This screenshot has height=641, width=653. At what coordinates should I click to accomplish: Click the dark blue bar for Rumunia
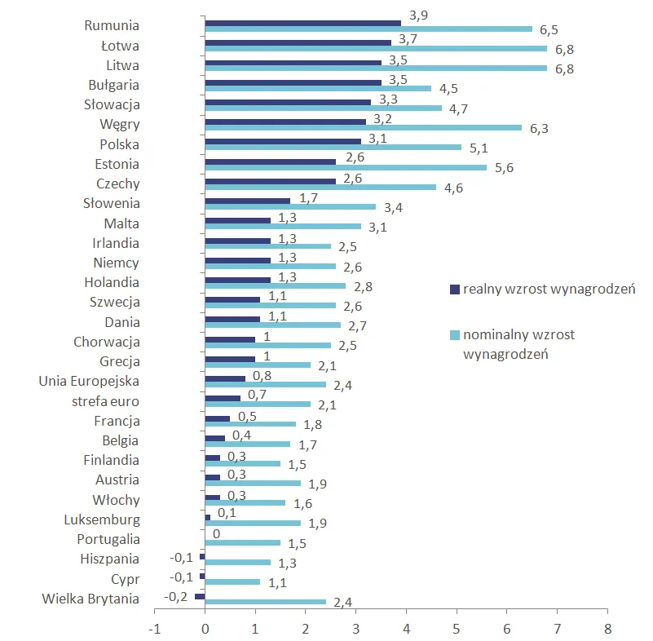click(302, 23)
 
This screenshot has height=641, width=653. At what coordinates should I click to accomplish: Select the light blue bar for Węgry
click(363, 127)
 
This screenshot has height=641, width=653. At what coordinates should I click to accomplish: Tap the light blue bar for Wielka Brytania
click(265, 602)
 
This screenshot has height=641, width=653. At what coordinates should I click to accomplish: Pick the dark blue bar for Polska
click(283, 142)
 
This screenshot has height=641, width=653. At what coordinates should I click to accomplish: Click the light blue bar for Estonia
click(346, 167)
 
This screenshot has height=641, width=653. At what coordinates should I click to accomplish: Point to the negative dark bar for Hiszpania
click(202, 556)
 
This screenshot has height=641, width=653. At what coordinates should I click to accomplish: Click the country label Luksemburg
click(102, 519)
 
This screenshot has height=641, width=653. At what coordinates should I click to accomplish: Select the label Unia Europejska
click(90, 381)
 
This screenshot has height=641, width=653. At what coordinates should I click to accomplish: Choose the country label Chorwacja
click(107, 342)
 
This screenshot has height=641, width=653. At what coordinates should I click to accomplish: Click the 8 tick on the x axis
click(607, 629)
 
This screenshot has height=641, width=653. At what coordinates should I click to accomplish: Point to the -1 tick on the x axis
click(153, 629)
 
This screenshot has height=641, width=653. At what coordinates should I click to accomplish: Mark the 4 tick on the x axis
click(405, 629)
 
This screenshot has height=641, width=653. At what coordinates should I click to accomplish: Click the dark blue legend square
click(455, 290)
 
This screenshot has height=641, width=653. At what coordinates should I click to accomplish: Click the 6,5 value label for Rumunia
click(549, 30)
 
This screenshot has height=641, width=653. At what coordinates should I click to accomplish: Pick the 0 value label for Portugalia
click(216, 535)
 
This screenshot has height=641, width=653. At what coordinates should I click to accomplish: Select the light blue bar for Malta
click(283, 226)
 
